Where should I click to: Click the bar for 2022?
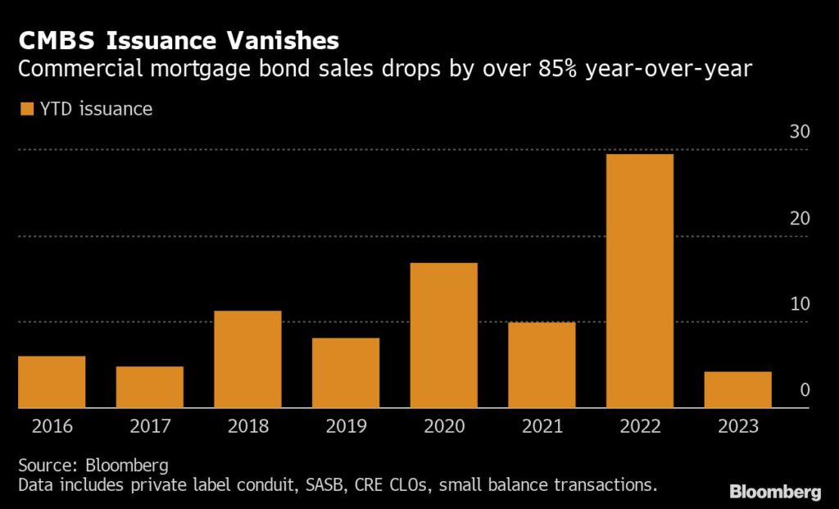639,280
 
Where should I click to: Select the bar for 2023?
737,389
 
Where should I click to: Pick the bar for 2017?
149,387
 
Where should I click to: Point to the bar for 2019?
345,372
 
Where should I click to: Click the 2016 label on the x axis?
52,426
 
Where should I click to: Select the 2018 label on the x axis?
247,426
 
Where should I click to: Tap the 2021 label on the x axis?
542,426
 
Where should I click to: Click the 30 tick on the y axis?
799,132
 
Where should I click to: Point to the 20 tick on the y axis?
799,218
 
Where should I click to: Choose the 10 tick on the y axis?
799,303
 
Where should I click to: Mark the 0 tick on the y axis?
805,389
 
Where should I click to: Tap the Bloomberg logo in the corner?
775,492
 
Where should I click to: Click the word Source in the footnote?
44,465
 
